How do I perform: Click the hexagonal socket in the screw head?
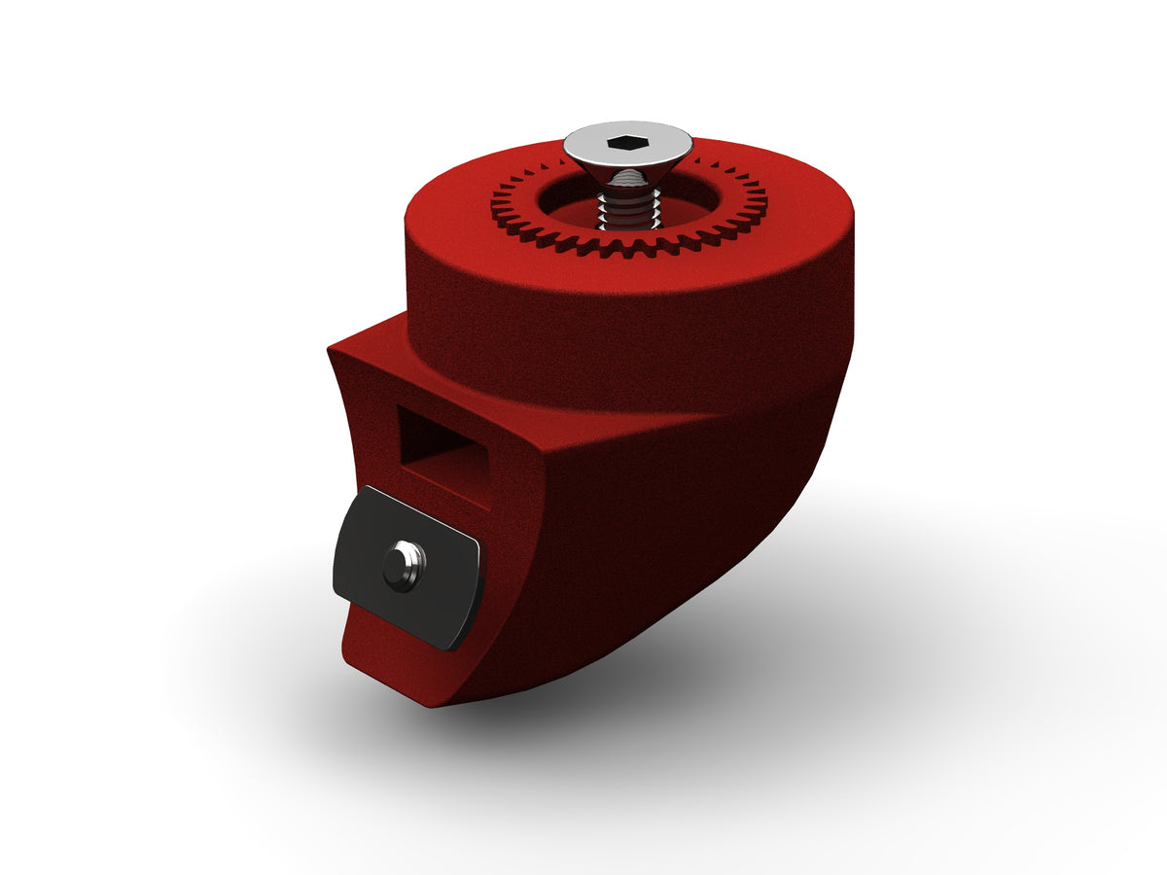tap(627, 143)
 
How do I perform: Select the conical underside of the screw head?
tap(627, 176)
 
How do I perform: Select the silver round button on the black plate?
tap(403, 565)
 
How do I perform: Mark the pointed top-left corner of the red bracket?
tap(332, 345)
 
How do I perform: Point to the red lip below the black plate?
tap(389, 651)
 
